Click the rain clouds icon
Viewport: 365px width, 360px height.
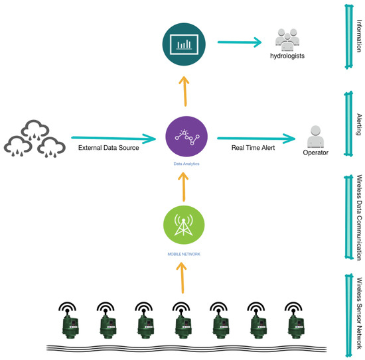click(x=35, y=137)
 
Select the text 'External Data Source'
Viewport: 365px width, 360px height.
click(x=108, y=147)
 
